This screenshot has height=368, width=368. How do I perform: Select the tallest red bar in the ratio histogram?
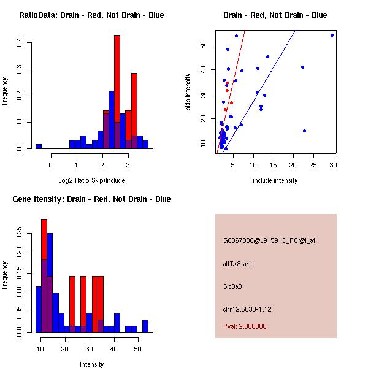[x=117, y=92]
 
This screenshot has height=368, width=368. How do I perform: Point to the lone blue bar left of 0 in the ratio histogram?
[x=39, y=147]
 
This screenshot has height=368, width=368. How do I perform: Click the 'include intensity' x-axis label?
[x=275, y=180]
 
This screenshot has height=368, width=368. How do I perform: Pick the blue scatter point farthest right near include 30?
[x=332, y=35]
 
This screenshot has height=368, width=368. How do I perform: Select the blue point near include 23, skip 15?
[x=304, y=131]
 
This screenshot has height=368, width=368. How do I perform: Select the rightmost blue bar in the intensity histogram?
[x=145, y=326]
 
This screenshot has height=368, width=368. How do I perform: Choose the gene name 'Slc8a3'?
[x=234, y=286]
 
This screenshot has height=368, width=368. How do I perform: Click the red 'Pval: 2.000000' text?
[x=245, y=326]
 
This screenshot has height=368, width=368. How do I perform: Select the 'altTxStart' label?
[x=237, y=264]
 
